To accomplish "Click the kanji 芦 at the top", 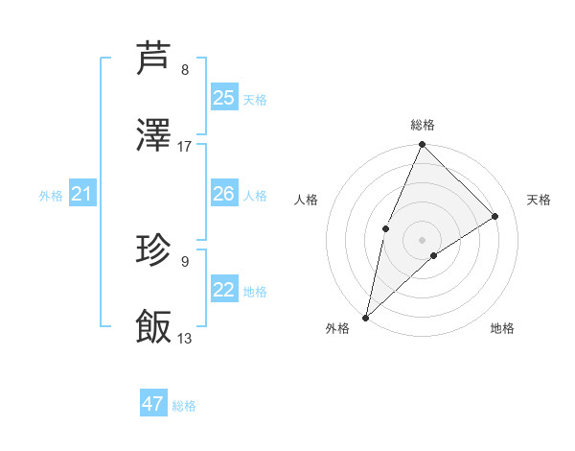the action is click(x=154, y=59).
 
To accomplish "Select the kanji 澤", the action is click(x=154, y=135).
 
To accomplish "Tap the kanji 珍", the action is click(x=154, y=250).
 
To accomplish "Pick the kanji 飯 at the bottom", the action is click(x=154, y=327).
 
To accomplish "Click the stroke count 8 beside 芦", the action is click(x=185, y=70).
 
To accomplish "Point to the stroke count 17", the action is click(x=185, y=147).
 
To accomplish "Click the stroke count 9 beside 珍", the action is click(x=185, y=261).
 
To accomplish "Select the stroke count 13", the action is click(x=185, y=339).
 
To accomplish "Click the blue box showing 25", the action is click(x=223, y=98).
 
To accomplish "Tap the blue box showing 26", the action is click(x=223, y=194).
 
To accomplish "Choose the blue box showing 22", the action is click(x=223, y=290).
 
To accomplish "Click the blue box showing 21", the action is click(x=81, y=195).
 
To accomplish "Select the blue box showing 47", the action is click(x=153, y=404).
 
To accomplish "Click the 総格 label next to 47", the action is click(x=184, y=406).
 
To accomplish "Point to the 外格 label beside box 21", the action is click(x=51, y=196).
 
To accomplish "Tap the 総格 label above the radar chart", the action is click(x=422, y=125).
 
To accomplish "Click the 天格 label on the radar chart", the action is click(x=539, y=200).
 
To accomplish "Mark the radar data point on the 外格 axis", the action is click(x=365, y=318).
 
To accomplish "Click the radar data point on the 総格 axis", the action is click(x=422, y=145).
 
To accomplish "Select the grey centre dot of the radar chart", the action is click(x=422, y=239).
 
